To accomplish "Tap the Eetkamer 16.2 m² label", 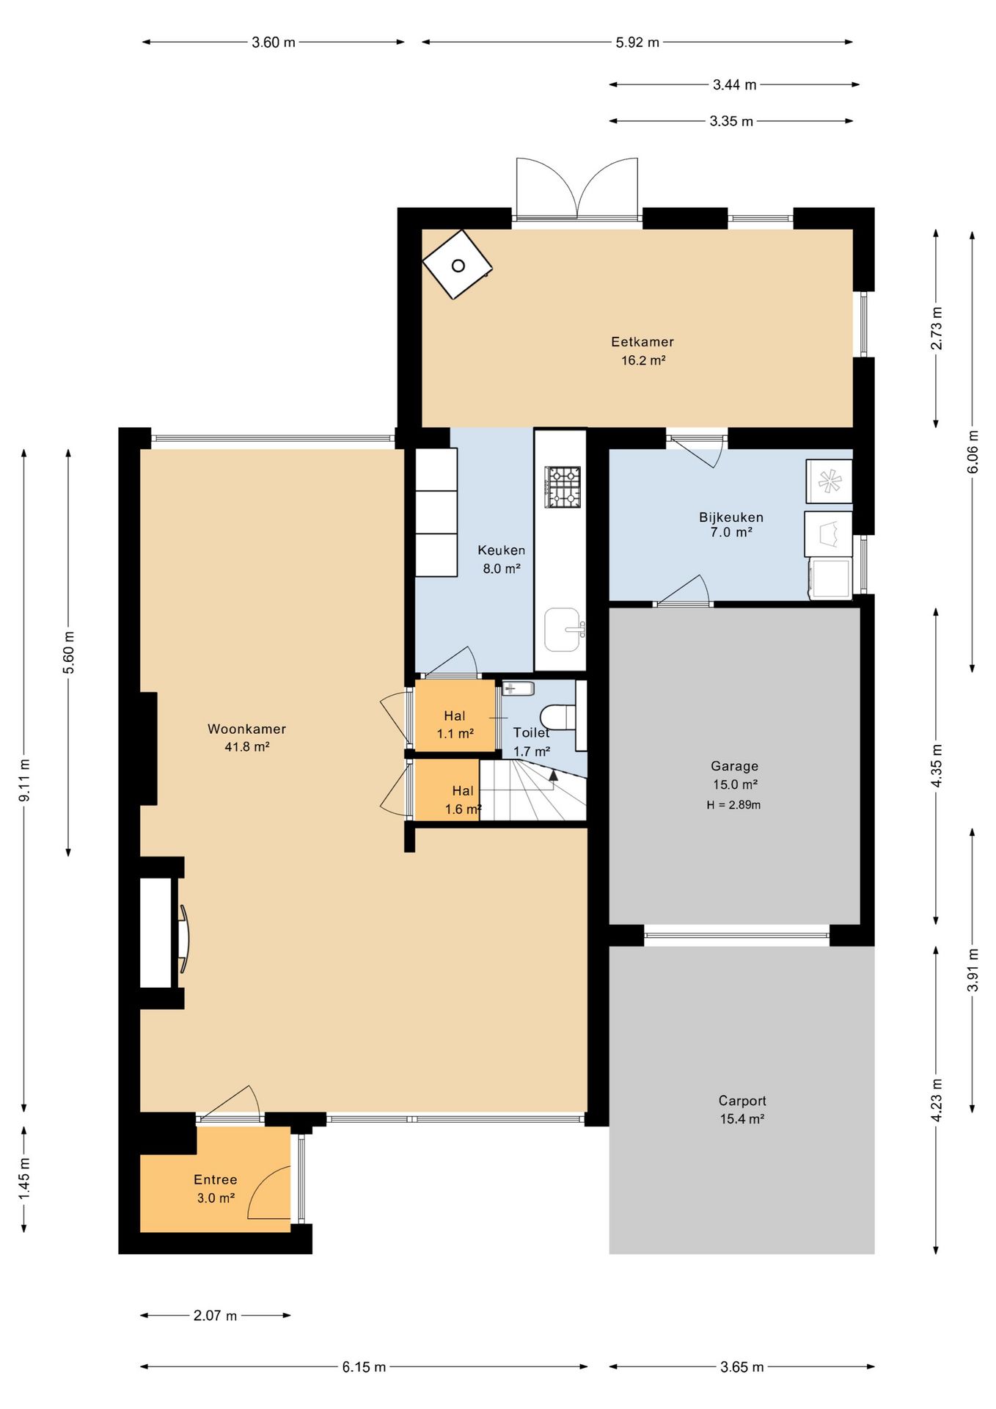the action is click(642, 351).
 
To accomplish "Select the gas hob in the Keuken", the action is click(563, 487).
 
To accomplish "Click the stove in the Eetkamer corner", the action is click(457, 264).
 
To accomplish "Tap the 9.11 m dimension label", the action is click(24, 780).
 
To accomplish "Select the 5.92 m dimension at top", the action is click(637, 43).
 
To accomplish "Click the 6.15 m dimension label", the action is click(364, 1367).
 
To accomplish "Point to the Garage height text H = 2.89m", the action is click(733, 805).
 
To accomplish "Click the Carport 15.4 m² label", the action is click(742, 1110).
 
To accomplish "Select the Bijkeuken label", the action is click(731, 517).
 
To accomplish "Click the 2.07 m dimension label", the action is click(215, 1316).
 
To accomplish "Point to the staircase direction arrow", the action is click(554, 774).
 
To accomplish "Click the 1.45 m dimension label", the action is click(24, 1179).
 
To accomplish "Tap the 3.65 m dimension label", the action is click(742, 1367).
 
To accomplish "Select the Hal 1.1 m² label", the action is click(455, 724).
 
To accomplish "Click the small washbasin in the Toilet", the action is click(518, 688).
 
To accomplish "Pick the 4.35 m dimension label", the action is click(936, 765).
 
